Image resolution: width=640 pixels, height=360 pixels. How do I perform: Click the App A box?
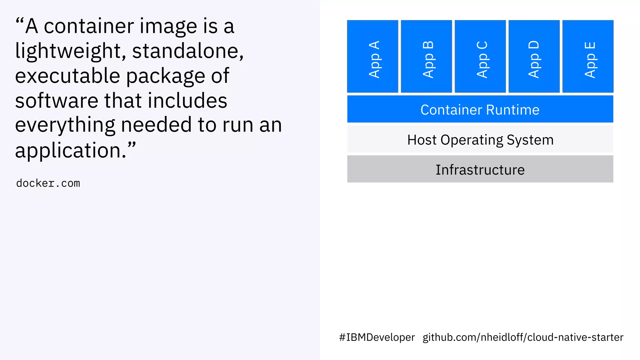(x=372, y=56)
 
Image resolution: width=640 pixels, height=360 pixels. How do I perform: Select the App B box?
(x=426, y=56)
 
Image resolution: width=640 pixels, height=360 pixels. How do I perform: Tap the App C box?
(x=480, y=56)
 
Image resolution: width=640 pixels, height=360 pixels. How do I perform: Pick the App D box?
(x=534, y=56)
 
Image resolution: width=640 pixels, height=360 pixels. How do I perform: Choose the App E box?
(x=588, y=56)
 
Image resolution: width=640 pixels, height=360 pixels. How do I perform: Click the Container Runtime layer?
(x=480, y=109)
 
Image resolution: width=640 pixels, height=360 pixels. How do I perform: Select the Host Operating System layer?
(x=480, y=139)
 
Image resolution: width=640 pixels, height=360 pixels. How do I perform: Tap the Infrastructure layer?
(x=480, y=169)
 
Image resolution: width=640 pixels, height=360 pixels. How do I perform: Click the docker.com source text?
(x=48, y=183)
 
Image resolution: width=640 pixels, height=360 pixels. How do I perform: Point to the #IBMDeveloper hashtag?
(x=377, y=337)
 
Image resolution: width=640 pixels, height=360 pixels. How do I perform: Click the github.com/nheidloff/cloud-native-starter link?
(x=523, y=337)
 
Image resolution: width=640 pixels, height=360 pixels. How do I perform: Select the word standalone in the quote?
(x=187, y=51)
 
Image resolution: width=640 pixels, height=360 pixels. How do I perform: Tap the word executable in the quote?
(x=67, y=76)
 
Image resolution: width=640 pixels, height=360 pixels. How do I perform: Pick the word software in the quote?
(x=57, y=101)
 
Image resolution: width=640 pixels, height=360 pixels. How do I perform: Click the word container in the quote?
(x=89, y=26)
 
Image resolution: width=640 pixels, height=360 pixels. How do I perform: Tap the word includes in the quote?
(x=187, y=101)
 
